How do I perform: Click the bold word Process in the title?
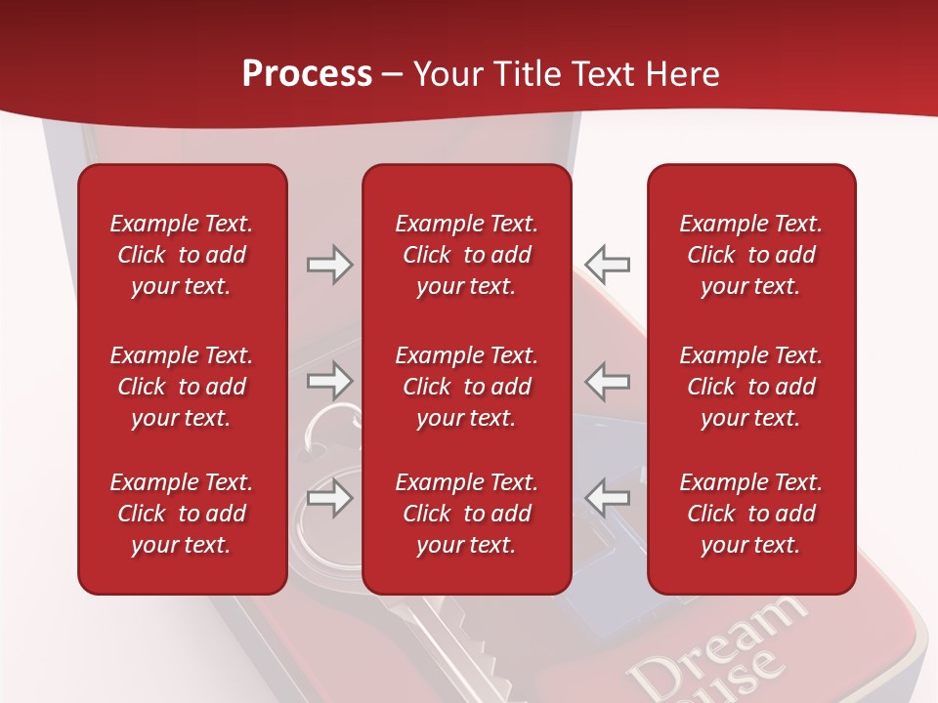point(307,74)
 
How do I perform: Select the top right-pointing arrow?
point(329,265)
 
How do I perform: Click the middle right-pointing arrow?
point(329,380)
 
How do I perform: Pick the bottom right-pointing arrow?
point(329,497)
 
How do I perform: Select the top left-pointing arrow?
point(608,264)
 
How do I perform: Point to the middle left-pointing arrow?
point(608,380)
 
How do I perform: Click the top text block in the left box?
point(182,255)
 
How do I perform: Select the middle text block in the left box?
point(182,387)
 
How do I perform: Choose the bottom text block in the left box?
point(182,514)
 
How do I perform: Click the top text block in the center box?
point(466,255)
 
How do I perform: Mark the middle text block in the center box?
point(466,387)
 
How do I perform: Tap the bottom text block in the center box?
point(466,514)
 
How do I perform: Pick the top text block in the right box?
point(750,255)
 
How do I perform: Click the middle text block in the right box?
point(750,387)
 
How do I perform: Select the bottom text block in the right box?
point(750,514)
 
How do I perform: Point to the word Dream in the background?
point(718,645)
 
